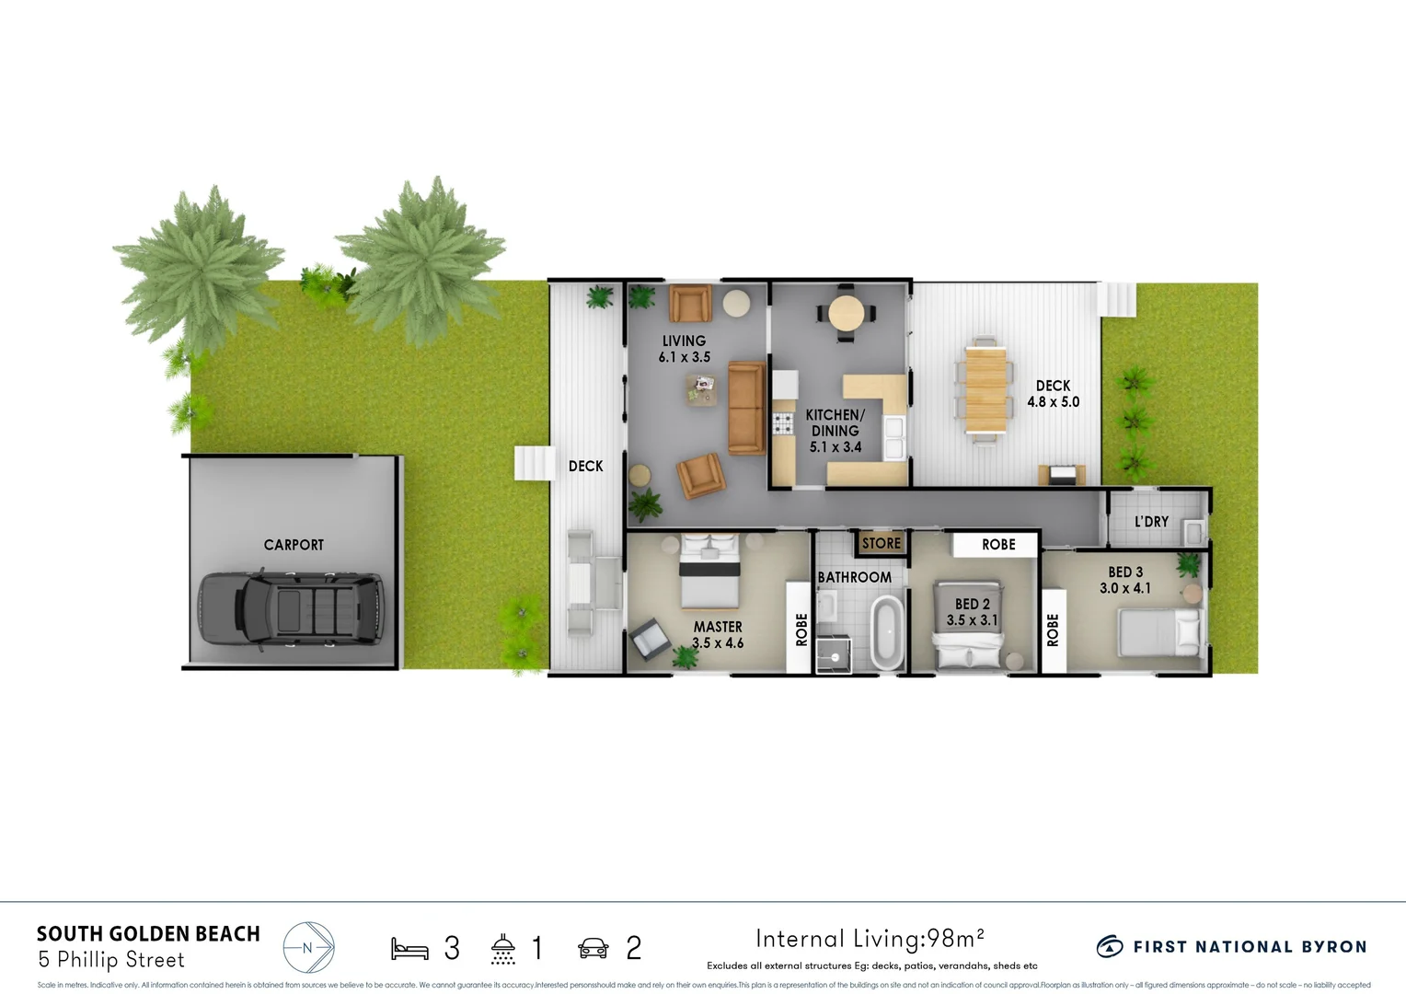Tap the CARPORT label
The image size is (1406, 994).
coord(294,545)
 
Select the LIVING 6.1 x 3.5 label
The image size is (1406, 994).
coord(684,349)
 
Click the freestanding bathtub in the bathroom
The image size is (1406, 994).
coord(887,631)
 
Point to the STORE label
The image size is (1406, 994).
coord(881,543)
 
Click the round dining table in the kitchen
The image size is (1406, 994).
coord(847,313)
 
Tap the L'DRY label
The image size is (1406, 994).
coord(1151,521)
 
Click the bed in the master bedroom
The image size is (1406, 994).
coord(709,576)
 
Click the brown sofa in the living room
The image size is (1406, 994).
coord(746,408)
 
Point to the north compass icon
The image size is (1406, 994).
coord(308,947)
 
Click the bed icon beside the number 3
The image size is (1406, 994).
coord(409,948)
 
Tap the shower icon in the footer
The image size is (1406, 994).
coord(502,948)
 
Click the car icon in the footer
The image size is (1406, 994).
coord(594,948)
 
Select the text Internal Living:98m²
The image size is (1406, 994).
coord(870,939)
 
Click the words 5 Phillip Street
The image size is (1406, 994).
coord(111,960)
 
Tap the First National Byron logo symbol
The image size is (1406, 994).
coord(1110,946)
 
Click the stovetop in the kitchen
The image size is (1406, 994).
coord(783,423)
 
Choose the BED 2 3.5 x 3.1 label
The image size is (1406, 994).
coord(972,612)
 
